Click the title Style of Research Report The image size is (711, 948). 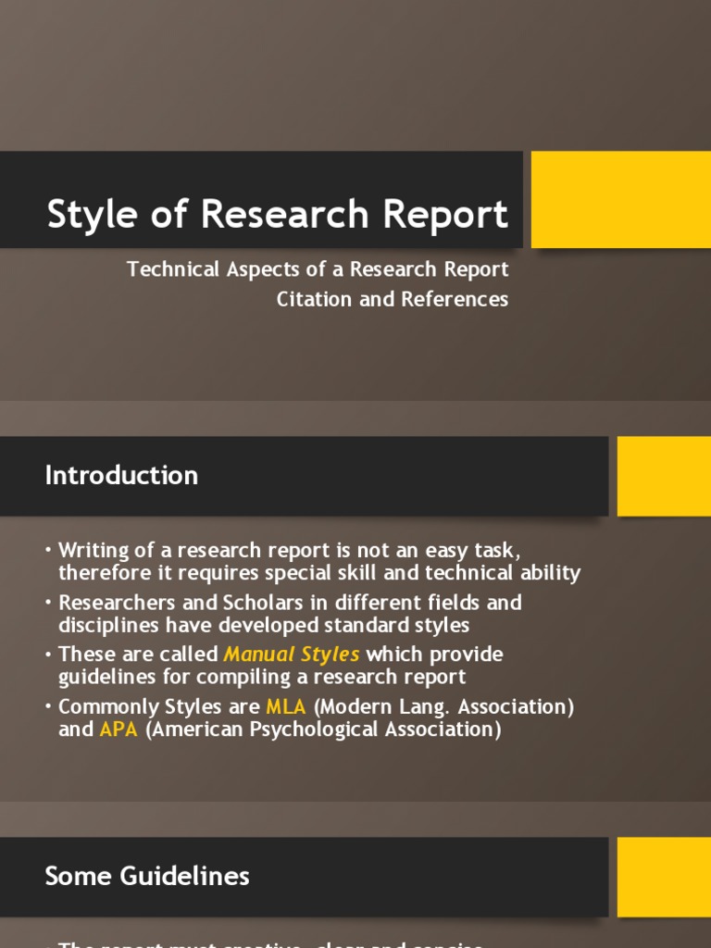click(277, 214)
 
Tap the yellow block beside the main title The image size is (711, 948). click(620, 200)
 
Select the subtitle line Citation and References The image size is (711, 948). click(393, 299)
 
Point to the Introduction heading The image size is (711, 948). click(121, 476)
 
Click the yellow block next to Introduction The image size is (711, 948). click(664, 476)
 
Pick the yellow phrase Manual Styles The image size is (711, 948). click(292, 655)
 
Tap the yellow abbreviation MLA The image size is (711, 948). click(286, 706)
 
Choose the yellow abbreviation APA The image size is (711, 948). click(118, 730)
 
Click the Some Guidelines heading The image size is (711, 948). click(147, 876)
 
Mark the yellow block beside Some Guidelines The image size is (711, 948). click(664, 876)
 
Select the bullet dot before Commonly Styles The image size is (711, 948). click(47, 707)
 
